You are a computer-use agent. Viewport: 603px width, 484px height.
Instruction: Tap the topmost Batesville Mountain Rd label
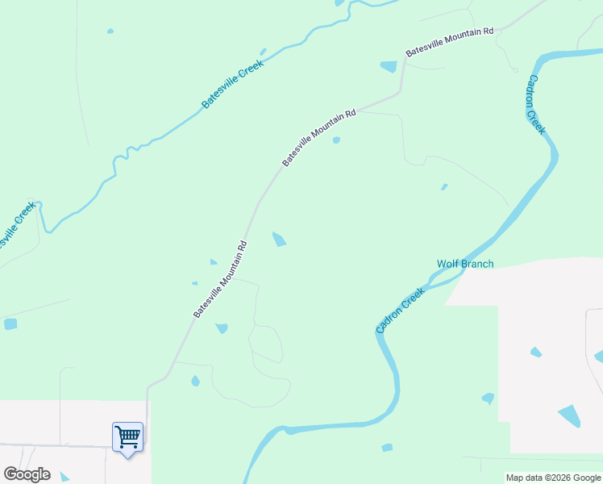pyautogui.click(x=449, y=41)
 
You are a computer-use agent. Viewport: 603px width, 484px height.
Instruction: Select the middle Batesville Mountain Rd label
pyautogui.click(x=319, y=139)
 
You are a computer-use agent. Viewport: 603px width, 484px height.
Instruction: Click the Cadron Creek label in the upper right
pyautogui.click(x=536, y=105)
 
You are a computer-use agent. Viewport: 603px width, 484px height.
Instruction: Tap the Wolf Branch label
pyautogui.click(x=465, y=264)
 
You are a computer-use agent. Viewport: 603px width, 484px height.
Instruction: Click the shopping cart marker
pyautogui.click(x=127, y=437)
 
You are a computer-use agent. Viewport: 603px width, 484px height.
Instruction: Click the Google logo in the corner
pyautogui.click(x=27, y=474)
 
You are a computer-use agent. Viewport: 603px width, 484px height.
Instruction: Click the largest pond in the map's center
pyautogui.click(x=279, y=240)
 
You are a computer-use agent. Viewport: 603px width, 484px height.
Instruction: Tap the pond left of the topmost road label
pyautogui.click(x=389, y=67)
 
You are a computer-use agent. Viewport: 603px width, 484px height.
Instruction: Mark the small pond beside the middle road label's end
pyautogui.click(x=336, y=140)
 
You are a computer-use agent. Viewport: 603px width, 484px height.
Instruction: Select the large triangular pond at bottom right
pyautogui.click(x=568, y=415)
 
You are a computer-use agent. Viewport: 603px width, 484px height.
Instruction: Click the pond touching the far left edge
pyautogui.click(x=10, y=323)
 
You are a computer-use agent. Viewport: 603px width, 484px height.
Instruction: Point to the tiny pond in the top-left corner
pyautogui.click(x=110, y=31)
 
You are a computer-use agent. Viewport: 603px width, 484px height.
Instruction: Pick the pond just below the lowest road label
pyautogui.click(x=221, y=328)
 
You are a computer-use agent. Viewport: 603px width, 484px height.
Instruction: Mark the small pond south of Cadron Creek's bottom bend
pyautogui.click(x=387, y=447)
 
